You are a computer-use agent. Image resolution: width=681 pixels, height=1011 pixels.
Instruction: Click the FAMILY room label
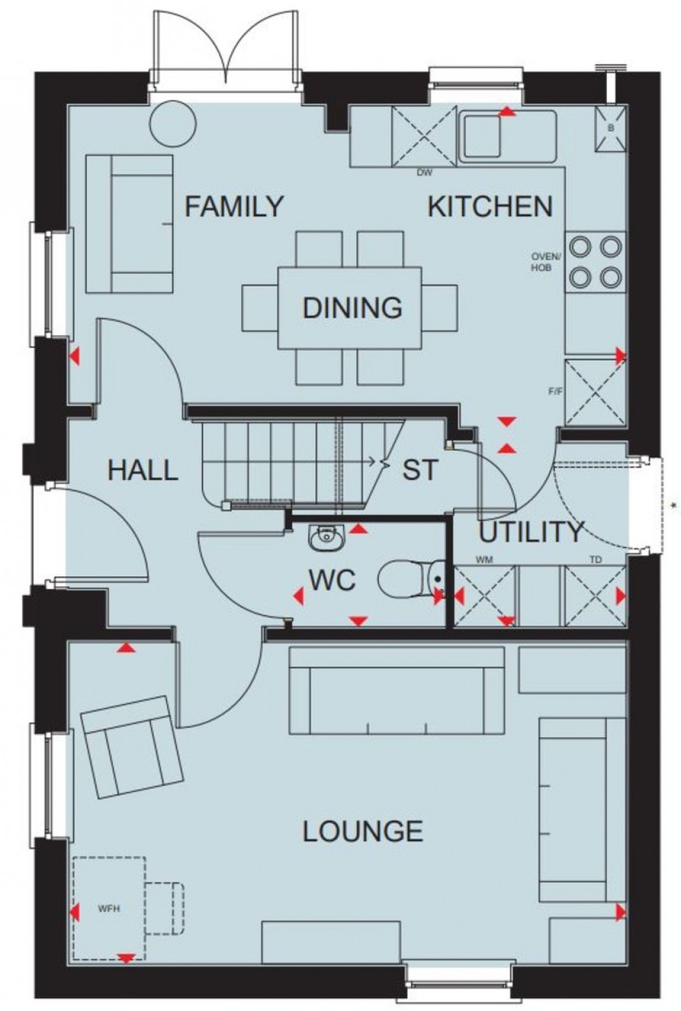pos(234,206)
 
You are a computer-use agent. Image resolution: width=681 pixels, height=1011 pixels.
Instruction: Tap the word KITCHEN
pos(490,206)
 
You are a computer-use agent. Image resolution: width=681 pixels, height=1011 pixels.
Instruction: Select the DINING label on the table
pos(353,308)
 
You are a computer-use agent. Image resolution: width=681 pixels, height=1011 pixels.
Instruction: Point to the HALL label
pos(143,470)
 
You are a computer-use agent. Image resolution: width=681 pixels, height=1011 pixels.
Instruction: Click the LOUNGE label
pos(363,831)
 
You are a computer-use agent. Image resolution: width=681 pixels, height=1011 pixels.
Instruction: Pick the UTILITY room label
pos(531,532)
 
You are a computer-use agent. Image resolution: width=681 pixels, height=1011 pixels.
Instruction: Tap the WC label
pos(332,580)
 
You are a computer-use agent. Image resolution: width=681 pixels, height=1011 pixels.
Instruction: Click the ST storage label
pos(420,470)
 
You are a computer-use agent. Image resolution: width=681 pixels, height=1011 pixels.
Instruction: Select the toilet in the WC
pos(411,579)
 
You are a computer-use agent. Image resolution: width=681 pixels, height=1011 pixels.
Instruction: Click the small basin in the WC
pos(326,537)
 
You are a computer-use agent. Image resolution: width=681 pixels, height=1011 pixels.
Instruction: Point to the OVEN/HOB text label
pos(546,262)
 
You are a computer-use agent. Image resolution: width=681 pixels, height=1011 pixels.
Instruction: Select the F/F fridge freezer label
pos(555,391)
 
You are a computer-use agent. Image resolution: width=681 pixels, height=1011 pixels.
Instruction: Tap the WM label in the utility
pos(484,560)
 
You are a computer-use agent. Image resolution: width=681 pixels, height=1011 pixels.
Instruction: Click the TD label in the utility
pos(596,560)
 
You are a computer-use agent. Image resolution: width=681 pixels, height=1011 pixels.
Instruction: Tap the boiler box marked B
pos(611,128)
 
